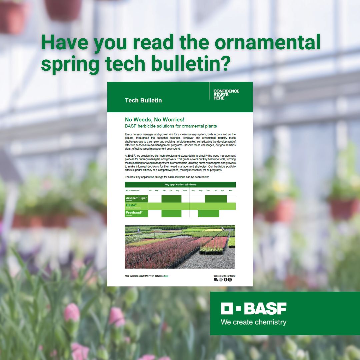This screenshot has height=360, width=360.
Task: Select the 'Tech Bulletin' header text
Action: coord(143,100)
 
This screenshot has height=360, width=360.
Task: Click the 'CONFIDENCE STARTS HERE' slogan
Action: coord(226,95)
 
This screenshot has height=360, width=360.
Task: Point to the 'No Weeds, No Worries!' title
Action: coord(155,119)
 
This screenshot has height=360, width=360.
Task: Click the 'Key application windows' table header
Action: coord(180,184)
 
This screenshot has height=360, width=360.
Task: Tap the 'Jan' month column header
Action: coord(150,191)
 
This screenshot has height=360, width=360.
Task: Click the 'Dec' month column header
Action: coord(231,191)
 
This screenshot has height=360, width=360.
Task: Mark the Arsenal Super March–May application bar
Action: coord(171,199)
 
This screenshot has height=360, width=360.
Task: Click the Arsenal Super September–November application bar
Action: coord(216,199)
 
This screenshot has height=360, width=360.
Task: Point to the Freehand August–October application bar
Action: coord(208,213)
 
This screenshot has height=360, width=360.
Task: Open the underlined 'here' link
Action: coord(166,276)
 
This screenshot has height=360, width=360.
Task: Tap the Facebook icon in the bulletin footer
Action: coord(225,280)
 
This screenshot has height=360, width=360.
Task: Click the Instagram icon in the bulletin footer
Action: coord(230,280)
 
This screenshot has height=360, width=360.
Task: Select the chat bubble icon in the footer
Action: coord(216,280)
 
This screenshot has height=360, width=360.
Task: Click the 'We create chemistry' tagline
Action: coord(253,322)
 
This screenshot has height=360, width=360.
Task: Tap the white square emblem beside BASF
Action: coord(226,309)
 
